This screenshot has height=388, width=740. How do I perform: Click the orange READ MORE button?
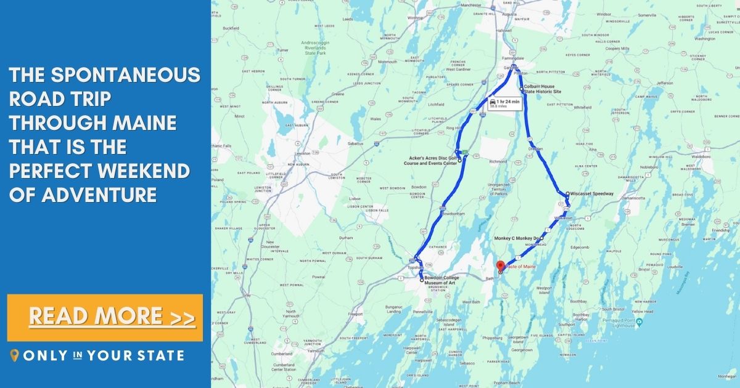coord(105,317)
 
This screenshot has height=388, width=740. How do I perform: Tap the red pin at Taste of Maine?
coord(500,266)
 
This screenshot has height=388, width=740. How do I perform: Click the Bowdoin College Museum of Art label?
coord(442,280)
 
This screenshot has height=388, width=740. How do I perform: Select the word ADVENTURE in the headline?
coord(99,195)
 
